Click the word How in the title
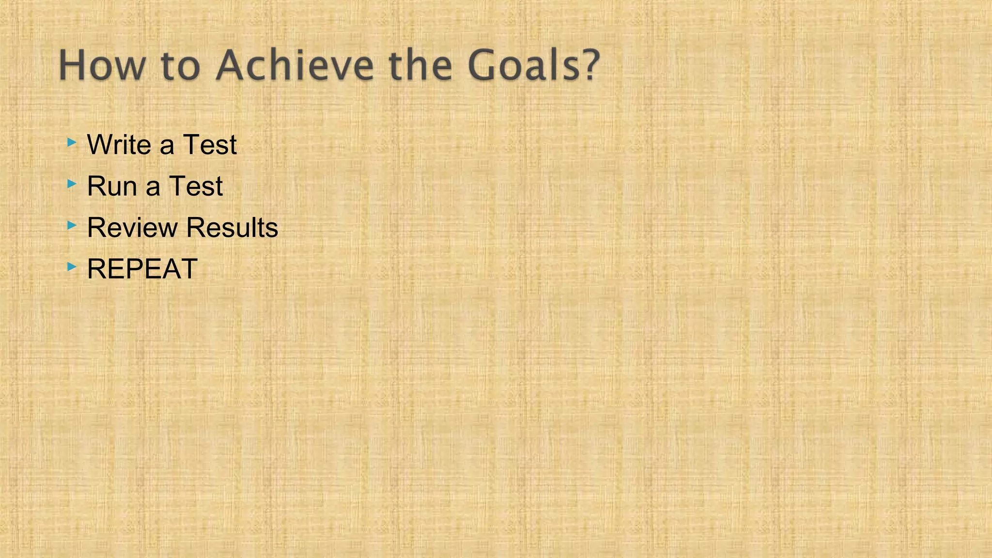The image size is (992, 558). (102, 65)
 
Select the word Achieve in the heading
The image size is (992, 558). (295, 65)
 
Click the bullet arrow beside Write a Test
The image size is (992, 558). (72, 142)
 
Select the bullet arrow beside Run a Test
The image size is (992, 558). (72, 184)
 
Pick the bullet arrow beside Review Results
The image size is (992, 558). (72, 225)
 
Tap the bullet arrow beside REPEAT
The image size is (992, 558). (72, 266)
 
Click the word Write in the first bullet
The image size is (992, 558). (119, 144)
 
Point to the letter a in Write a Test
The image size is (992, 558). (167, 146)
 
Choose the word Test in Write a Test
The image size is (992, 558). (210, 144)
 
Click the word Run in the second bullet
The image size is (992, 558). (112, 186)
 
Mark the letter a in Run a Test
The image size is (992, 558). (153, 188)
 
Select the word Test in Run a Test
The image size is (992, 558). (196, 186)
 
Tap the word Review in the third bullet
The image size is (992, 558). (132, 227)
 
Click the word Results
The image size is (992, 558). (232, 227)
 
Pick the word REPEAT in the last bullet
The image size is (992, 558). (142, 269)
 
